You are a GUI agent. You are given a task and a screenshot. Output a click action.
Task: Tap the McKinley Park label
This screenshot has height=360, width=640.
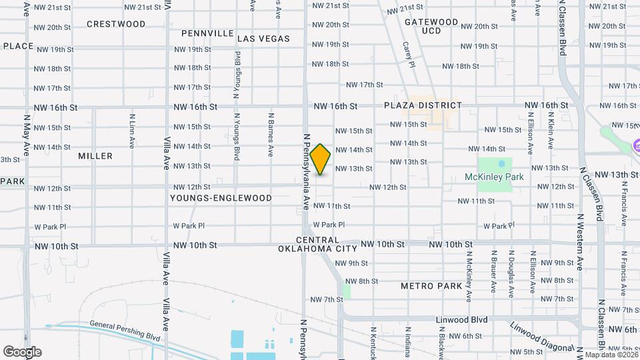[x=494, y=177]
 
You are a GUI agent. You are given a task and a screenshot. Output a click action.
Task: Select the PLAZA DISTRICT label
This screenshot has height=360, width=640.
[x=423, y=105]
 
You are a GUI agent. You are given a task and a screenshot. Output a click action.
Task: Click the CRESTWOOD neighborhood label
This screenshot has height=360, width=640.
[x=116, y=24]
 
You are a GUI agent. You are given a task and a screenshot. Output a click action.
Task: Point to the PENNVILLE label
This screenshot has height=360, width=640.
[x=207, y=33]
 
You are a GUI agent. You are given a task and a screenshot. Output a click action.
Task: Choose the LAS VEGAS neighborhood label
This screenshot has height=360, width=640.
[x=264, y=39]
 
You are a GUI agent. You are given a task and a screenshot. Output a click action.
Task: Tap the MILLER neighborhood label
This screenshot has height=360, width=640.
[x=95, y=156]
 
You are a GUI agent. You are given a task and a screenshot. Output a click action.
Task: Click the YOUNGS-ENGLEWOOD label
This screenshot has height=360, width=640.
[x=221, y=198]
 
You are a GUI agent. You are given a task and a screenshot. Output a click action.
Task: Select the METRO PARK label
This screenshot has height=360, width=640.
[x=431, y=286]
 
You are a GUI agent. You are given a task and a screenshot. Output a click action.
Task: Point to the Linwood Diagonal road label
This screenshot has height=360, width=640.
[x=541, y=337]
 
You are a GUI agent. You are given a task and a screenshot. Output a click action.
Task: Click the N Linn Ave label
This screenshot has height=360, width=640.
[x=133, y=130]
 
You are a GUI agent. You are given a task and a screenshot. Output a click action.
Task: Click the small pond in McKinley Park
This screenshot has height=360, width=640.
[x=501, y=164]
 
